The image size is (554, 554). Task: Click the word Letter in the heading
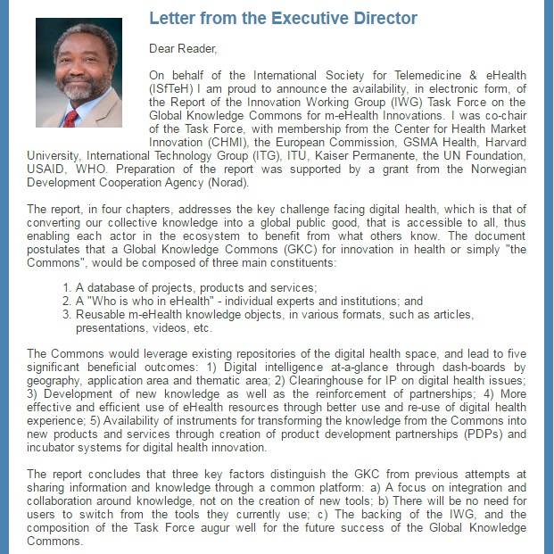171,19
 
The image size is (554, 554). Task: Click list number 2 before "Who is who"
68,302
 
